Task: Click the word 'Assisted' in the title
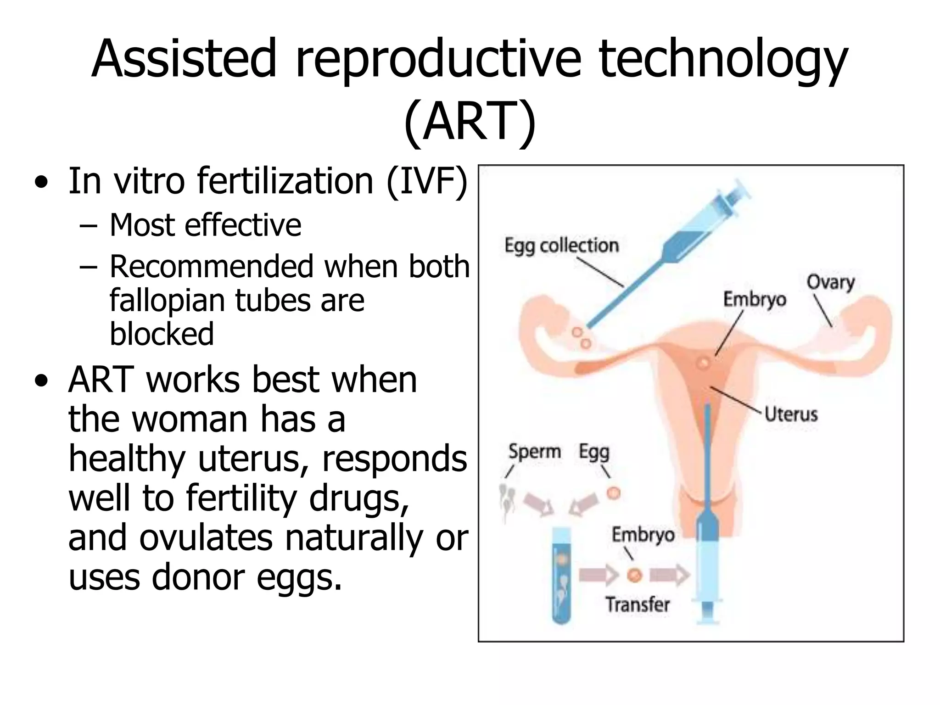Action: tap(184, 60)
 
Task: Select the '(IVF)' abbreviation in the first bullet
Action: tap(427, 181)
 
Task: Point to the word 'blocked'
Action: tap(162, 334)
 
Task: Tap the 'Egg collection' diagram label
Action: tap(561, 246)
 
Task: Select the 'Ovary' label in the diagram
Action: tap(831, 282)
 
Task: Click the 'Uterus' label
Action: tap(791, 414)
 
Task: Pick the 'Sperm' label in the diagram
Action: tap(535, 452)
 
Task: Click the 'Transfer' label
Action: tap(638, 604)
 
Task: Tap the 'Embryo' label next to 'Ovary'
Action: tap(755, 299)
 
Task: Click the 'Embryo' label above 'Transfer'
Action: tap(643, 535)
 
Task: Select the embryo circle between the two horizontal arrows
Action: tap(634, 575)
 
